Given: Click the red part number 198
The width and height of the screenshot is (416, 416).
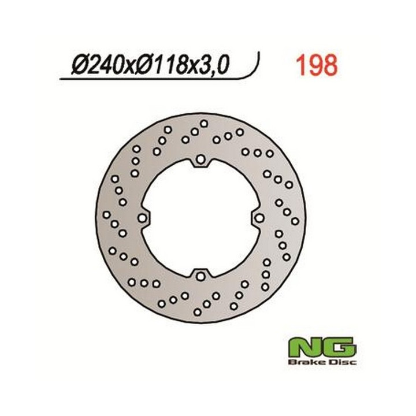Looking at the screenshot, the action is pos(317,65).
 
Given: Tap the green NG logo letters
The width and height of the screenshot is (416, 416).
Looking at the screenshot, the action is pos(322,347).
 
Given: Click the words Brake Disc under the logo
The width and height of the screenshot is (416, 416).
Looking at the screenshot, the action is pos(322,362).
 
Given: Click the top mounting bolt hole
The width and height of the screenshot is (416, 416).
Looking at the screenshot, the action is pos(200,159).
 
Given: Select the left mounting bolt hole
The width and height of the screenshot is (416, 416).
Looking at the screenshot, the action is pos(142,218).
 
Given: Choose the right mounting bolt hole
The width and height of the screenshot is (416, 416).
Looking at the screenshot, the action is pos(259,218).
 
